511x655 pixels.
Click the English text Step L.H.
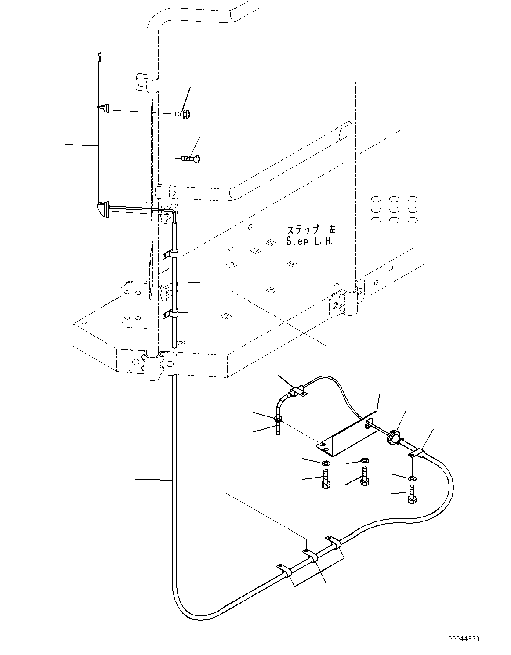[x=310, y=241]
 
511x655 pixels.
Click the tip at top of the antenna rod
[x=101, y=56]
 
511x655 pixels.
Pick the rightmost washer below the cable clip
[x=412, y=478]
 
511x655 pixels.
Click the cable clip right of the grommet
[x=418, y=453]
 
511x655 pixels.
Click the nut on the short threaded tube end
[x=279, y=420]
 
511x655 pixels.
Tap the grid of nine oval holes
[x=394, y=209]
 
